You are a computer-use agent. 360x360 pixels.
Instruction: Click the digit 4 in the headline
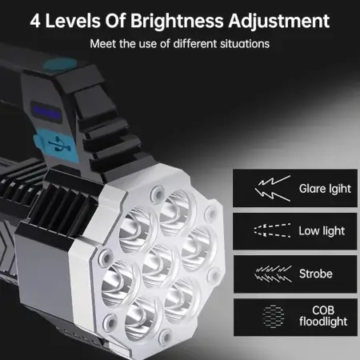(35, 21)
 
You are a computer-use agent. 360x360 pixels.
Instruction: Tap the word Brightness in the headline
(177, 22)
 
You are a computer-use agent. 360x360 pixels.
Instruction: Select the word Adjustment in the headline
(279, 22)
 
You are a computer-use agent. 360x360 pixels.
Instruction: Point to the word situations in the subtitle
(245, 44)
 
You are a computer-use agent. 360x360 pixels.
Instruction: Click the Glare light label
(325, 189)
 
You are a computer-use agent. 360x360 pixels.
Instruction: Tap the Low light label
(322, 231)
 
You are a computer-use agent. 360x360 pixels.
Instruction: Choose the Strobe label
(316, 274)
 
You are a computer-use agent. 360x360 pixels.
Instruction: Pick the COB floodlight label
(323, 316)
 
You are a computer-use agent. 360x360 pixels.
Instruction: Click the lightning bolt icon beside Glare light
(273, 188)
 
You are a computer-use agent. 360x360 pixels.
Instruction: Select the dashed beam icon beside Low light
(272, 231)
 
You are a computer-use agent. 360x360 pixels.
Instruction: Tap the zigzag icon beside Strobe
(273, 274)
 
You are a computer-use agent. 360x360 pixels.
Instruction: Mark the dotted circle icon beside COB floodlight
(274, 316)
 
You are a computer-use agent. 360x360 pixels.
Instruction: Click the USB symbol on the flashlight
(59, 144)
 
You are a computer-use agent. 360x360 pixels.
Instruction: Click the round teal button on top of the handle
(60, 65)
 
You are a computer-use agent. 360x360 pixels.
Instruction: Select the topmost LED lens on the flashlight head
(177, 211)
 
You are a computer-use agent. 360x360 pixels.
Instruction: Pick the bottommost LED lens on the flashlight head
(142, 318)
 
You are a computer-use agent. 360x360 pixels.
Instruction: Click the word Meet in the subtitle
(103, 44)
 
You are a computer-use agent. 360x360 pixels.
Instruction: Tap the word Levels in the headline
(73, 22)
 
